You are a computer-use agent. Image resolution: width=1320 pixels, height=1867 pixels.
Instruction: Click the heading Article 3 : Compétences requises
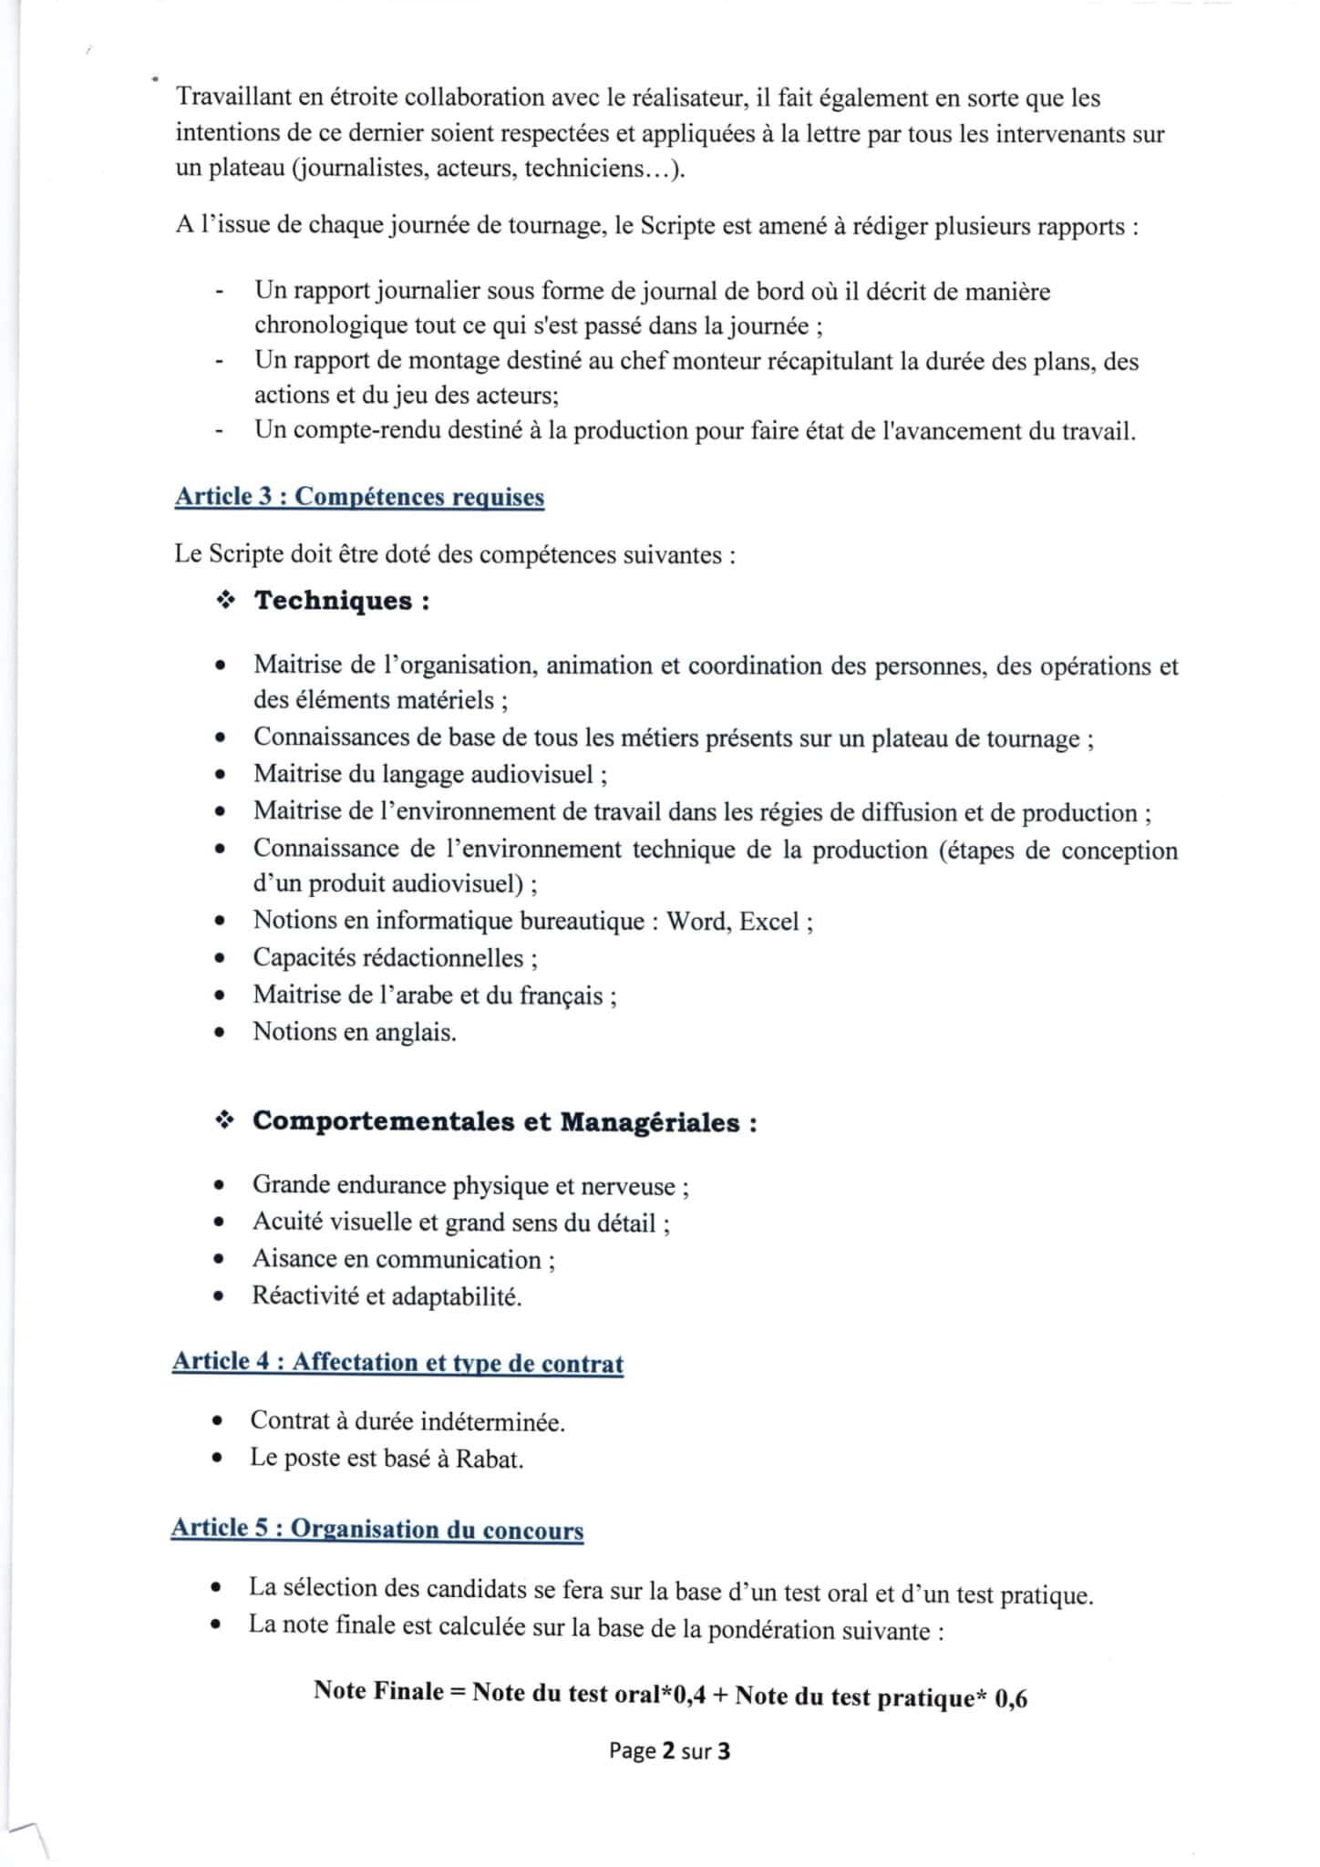[359, 497]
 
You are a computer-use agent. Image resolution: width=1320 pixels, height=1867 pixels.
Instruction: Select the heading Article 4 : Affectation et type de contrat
[397, 1363]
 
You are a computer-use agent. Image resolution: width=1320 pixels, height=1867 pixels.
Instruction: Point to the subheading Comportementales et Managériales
[504, 1121]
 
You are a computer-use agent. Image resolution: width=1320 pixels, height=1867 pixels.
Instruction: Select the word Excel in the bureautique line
[768, 921]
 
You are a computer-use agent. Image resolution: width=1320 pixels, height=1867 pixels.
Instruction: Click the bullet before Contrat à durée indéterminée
[217, 1422]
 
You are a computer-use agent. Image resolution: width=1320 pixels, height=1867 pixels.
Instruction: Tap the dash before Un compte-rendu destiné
[219, 432]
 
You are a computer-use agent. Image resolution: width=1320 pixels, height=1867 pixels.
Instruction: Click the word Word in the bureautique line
[696, 921]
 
